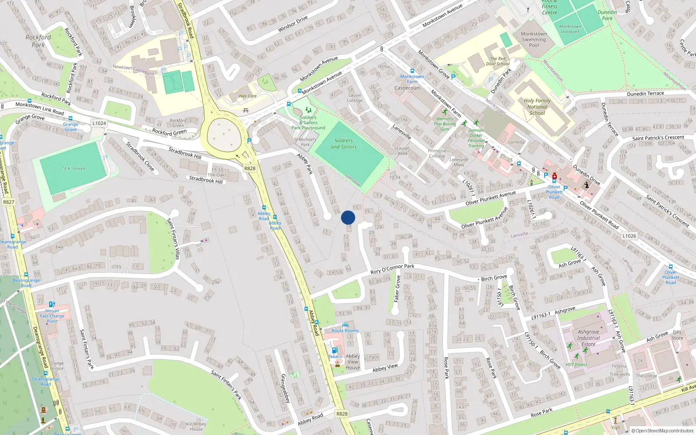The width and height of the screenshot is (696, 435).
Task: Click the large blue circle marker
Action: [x=348, y=217]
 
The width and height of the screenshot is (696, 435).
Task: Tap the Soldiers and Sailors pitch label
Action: [x=344, y=144]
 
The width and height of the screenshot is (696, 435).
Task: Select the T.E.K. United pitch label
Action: [x=73, y=168]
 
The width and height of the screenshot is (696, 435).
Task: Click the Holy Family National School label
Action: [x=537, y=107]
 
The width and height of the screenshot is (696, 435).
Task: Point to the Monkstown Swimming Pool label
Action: [x=534, y=39]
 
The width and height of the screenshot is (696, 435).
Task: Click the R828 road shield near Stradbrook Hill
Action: [x=250, y=168]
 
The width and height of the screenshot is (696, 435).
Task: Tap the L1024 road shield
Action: [x=99, y=123]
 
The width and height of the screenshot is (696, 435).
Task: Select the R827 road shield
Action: [x=9, y=202]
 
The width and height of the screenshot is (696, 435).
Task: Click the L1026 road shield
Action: [x=629, y=236]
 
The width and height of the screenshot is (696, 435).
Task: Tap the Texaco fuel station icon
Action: [x=334, y=350]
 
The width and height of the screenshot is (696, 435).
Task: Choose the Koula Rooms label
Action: [x=345, y=330]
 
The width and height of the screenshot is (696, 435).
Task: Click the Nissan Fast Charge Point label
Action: [x=52, y=316]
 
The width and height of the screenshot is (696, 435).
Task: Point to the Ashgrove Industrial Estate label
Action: [x=589, y=338]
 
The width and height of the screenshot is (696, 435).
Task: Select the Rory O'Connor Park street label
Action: [x=392, y=269]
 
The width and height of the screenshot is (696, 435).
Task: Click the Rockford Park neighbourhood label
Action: [x=38, y=41]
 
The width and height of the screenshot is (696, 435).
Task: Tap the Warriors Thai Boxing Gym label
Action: [x=445, y=124]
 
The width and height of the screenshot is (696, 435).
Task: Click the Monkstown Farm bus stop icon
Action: [x=412, y=70]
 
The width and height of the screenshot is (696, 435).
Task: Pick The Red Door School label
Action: [x=498, y=61]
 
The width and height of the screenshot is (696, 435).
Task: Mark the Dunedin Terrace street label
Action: [x=645, y=94]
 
